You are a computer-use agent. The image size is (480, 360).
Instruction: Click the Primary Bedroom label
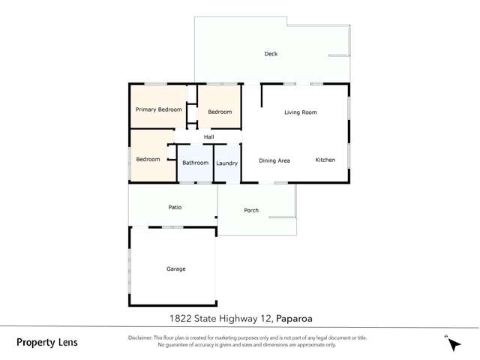pos(158,109)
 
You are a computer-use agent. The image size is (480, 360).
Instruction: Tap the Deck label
pos(271,54)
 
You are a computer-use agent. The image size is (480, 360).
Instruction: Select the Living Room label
pos(301,112)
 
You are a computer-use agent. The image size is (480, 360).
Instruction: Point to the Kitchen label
pos(325,160)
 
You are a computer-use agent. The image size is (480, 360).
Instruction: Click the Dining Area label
pos(274,160)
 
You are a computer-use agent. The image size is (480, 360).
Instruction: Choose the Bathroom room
pos(195,163)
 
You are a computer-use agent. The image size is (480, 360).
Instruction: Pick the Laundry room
pos(226,163)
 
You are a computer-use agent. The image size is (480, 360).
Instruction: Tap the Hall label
pos(208,137)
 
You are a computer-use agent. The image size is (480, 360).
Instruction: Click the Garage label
pos(175,268)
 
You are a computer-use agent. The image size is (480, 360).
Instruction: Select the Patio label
pos(174,207)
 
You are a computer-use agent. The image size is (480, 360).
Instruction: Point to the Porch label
pos(251,210)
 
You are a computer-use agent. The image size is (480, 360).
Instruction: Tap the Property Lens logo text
pos(46,343)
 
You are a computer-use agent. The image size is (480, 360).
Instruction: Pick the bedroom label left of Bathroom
pos(148,159)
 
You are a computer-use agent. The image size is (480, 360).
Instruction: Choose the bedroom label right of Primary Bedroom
pos(220,112)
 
